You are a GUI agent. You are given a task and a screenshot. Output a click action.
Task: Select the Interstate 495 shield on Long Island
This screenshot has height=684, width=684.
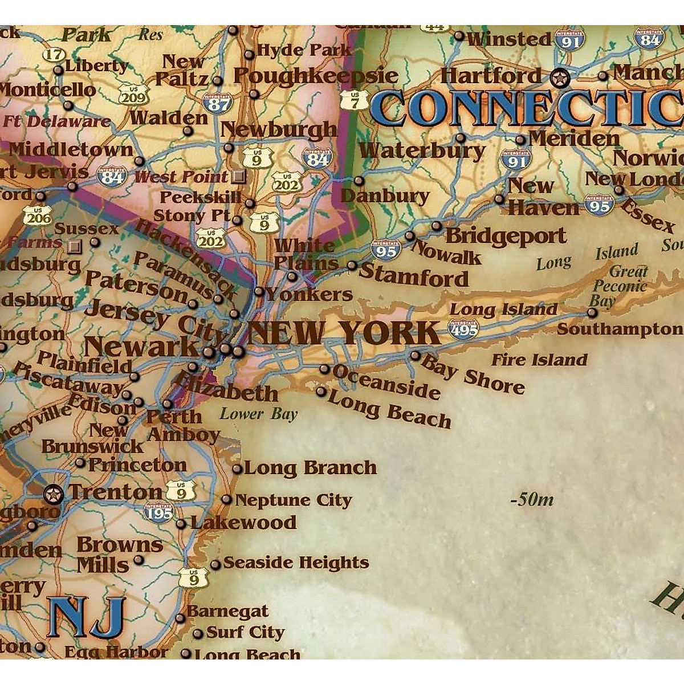coord(464,329)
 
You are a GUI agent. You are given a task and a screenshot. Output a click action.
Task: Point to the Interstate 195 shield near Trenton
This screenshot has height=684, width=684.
coord(159,512)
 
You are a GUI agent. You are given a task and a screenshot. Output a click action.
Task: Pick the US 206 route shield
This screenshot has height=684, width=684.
coord(38,215)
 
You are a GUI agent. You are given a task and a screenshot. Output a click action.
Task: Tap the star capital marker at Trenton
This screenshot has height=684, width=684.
coord(54,494)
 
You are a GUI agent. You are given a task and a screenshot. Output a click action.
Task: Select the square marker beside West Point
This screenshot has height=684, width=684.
coord(239,177)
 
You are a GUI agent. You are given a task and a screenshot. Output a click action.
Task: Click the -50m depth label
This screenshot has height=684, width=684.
coord(532,500)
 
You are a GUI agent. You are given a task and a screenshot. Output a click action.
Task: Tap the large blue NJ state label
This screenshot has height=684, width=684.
coord(87,617)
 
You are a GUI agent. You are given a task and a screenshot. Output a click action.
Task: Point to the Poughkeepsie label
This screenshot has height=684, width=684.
coord(316,75)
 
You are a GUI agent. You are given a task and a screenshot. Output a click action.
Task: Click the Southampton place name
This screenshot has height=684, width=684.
coord(620,329)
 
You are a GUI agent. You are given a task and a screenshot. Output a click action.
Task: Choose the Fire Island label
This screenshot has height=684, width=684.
coord(539,360)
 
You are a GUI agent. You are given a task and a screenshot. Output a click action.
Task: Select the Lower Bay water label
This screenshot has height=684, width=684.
coord(259,414)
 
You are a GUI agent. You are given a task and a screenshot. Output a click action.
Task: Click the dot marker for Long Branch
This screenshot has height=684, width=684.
coord(237,469)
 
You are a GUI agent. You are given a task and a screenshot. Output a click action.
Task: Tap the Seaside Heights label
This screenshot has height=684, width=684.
coord(296,563)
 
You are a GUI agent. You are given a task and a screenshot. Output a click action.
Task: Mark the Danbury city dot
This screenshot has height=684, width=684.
coord(359,181)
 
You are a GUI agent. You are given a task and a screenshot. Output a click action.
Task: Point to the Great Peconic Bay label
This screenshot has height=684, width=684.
coord(620,286)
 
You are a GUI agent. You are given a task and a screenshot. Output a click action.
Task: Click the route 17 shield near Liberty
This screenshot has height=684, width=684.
coord(54,55)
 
